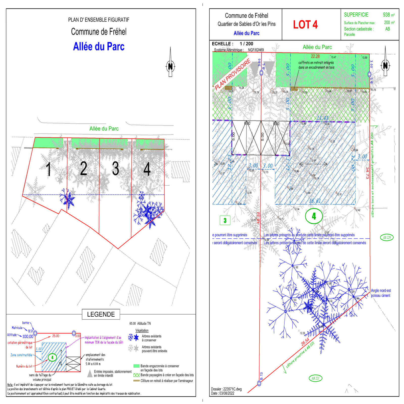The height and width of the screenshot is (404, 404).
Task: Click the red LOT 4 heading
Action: pos(305,24)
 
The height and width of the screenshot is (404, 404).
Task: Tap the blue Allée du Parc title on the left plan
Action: pos(99,47)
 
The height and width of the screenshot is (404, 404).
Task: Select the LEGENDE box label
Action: pos(101,314)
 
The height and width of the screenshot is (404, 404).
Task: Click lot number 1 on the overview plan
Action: pos(48,169)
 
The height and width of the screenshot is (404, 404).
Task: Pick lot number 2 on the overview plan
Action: pos(84,168)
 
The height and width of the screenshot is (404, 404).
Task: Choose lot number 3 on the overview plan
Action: pos(115,168)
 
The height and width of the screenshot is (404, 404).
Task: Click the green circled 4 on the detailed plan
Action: pos(314,216)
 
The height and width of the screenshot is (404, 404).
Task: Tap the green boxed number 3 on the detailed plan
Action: pos(225,220)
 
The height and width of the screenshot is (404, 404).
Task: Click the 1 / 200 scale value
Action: pos(246,44)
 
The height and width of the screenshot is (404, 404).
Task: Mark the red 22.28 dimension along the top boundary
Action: pos(315,56)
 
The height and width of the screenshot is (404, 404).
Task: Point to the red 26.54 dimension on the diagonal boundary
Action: pos(305,342)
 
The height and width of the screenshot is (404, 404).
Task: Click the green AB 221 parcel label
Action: pos(315,378)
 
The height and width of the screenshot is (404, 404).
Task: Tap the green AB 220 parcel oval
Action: pos(387,237)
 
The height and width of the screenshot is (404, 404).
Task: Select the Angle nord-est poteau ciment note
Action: pos(381,293)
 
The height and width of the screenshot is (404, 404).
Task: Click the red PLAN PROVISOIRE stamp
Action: pos(233,74)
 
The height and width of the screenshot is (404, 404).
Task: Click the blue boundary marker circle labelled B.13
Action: pos(259,383)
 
